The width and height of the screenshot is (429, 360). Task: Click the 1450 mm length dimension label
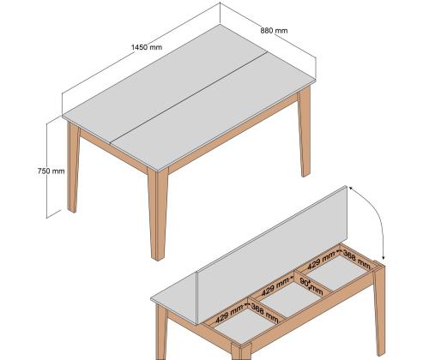point(145,47)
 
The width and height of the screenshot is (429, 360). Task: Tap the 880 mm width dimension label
point(275,31)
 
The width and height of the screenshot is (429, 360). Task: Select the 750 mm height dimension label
point(51,171)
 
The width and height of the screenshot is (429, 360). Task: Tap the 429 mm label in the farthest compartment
point(325,261)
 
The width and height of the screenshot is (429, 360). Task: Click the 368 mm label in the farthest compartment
point(358,255)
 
